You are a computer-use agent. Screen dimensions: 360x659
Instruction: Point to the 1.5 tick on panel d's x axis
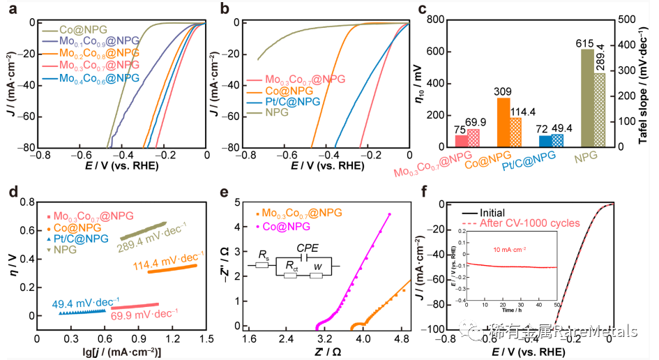206,338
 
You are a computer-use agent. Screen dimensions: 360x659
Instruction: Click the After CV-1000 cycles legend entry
536,223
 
